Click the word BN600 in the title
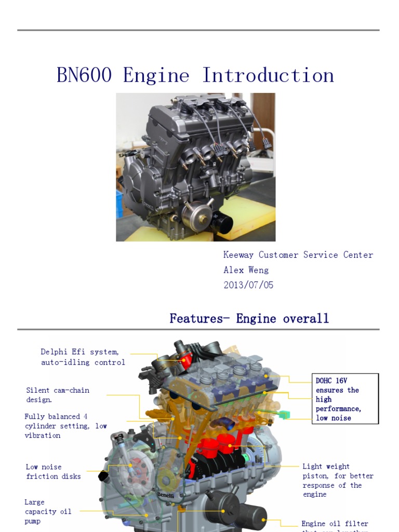point(84,76)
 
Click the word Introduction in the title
point(268,76)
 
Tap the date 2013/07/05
point(248,285)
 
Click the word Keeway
point(239,255)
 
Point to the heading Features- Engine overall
point(249,318)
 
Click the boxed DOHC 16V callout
point(345,399)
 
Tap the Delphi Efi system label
point(83,357)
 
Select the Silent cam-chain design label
point(58,395)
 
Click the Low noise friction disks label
point(54,471)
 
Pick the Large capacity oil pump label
point(48,511)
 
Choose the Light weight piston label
point(338,480)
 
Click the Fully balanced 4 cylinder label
point(65,425)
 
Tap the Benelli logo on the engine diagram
point(166,495)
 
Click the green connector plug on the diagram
point(284,415)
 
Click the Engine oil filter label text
point(335,524)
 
